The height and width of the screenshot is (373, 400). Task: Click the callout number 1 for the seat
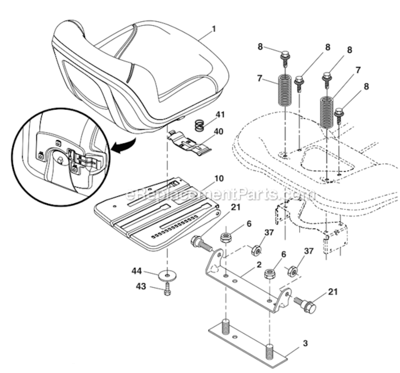coord(213,29)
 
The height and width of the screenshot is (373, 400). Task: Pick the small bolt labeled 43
coord(167,290)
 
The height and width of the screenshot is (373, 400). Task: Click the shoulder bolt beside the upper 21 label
coord(200,244)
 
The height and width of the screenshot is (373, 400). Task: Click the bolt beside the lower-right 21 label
coord(304,304)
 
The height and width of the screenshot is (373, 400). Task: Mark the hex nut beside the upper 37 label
coord(257,249)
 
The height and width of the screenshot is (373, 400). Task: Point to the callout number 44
coord(136,271)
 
